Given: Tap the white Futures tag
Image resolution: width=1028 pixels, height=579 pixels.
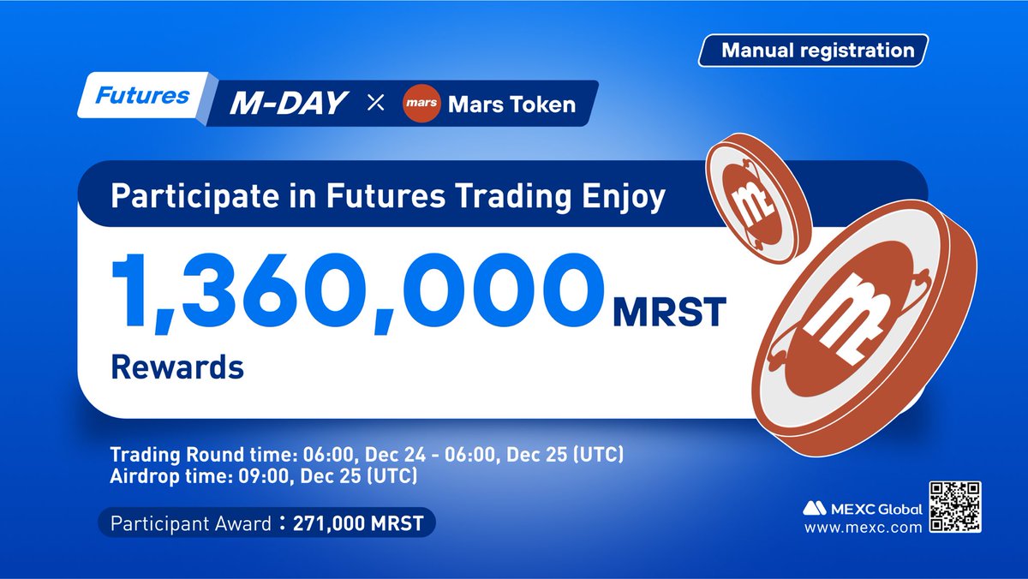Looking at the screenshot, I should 142,96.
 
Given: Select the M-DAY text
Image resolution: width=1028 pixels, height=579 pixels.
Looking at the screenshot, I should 288,104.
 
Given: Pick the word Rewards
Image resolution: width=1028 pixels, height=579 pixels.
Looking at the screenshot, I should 176,367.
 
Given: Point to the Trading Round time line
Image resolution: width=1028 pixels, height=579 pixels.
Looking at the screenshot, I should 373,453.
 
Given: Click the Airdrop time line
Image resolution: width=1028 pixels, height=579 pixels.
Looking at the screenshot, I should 264,476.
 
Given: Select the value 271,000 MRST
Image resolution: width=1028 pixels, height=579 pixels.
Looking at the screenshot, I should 358,523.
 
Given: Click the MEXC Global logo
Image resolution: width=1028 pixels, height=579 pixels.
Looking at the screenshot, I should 862,509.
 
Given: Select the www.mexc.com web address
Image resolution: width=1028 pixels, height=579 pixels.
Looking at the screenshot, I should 862,527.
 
